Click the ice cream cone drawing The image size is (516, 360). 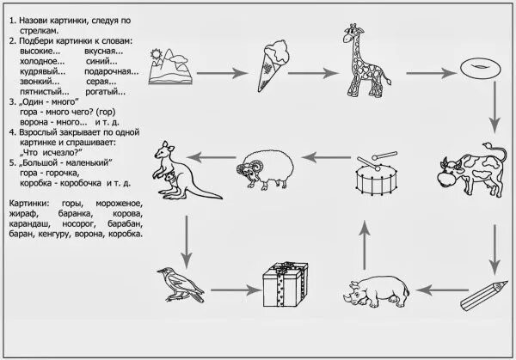274,70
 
